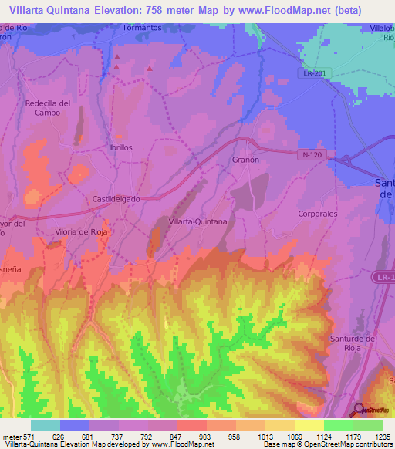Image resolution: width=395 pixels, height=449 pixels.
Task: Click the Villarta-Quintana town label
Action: pos(197,221)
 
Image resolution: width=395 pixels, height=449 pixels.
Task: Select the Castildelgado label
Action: pos(116,198)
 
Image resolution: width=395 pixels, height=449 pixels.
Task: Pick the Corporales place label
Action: pos(318,213)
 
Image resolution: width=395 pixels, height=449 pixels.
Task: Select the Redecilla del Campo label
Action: pos(48,107)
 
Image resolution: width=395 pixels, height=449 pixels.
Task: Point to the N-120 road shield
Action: pos(312,154)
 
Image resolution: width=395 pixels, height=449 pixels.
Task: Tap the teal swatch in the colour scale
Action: pos(46,425)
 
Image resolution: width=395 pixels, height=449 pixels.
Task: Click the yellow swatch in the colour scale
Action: pos(309,425)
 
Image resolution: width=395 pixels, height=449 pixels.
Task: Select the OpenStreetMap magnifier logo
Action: pos(359,410)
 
